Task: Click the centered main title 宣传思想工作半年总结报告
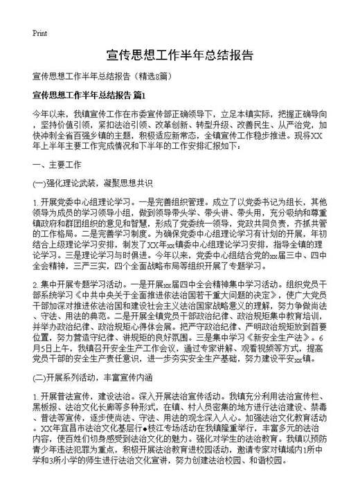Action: (180, 55)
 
